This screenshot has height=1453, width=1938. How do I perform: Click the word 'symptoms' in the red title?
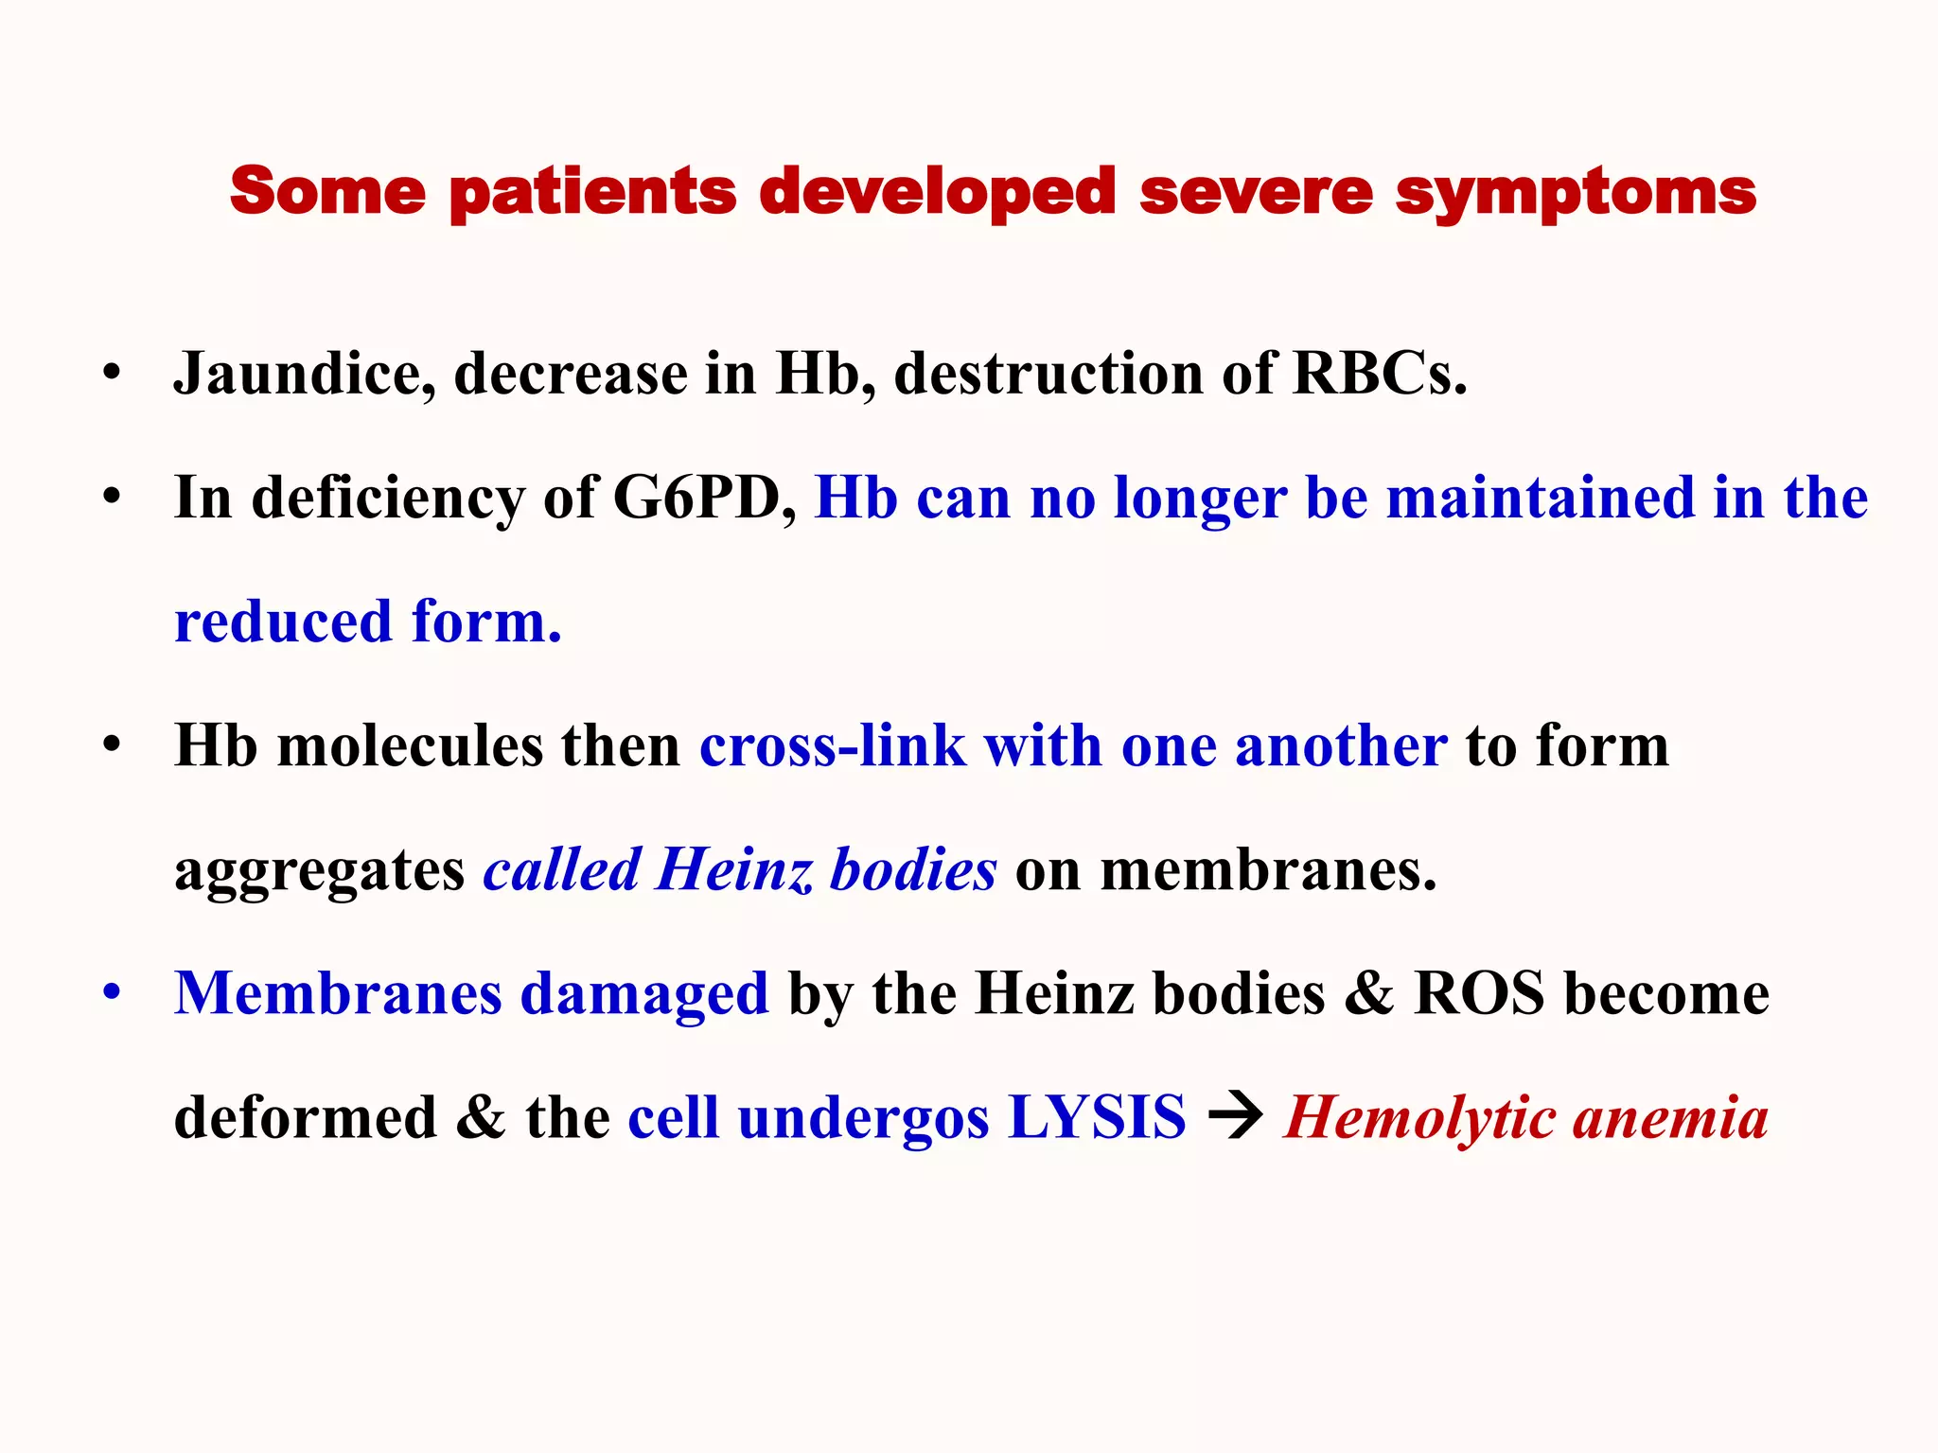pos(1576,193)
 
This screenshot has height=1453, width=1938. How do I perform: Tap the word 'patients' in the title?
pos(592,193)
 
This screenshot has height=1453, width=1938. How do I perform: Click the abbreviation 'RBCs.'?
pos(1380,374)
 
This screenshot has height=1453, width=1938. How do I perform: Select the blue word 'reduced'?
pos(283,622)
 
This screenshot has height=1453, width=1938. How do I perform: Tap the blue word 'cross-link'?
pos(832,745)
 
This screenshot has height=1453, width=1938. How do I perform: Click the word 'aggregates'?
pos(319,870)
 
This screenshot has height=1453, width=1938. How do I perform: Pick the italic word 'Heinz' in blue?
pos(732,869)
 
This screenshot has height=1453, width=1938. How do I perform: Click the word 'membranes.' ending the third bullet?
pos(1268,869)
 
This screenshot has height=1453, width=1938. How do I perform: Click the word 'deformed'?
pos(305,1118)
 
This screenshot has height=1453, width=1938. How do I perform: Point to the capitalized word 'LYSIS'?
pos(1097,1118)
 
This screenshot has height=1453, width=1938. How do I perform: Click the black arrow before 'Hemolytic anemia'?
pos(1236,1117)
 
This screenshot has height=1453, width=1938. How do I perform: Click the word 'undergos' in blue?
pos(863,1118)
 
